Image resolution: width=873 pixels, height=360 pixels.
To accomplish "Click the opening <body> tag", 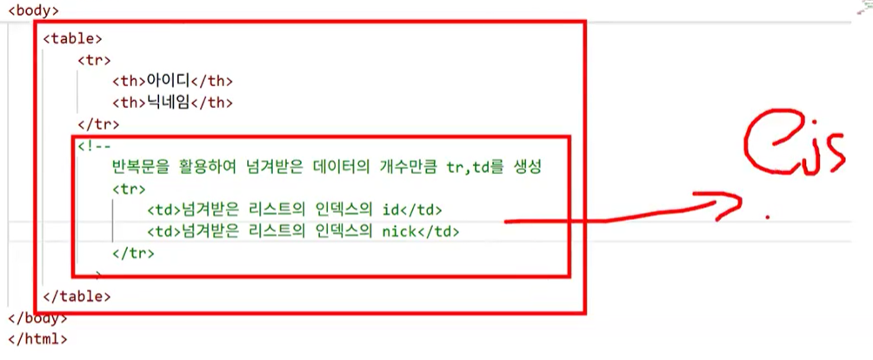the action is coord(32,11).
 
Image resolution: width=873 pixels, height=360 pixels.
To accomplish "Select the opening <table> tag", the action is coord(73,38).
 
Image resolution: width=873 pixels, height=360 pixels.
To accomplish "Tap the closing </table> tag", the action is coord(77,296).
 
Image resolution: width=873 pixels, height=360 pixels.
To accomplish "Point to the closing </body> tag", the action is coord(37,317).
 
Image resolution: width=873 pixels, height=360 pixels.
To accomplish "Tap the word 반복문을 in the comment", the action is coord(143,166).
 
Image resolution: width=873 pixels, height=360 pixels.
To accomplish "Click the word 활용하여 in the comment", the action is coord(212,166).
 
